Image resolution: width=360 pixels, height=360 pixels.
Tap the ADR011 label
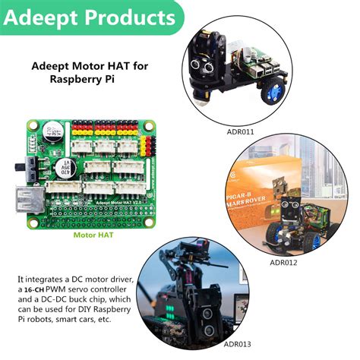tap(240, 131)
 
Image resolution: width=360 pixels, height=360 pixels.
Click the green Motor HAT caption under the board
tap(93, 235)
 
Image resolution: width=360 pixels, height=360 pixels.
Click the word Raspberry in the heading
tap(77, 78)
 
